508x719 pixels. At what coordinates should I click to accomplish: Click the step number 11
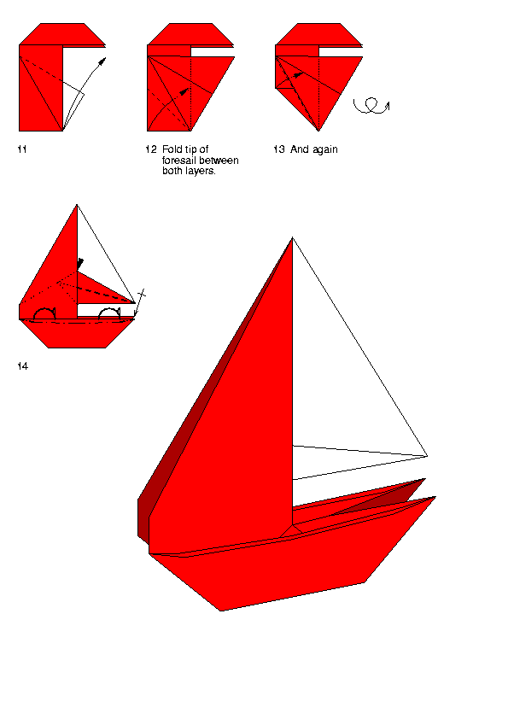(x=22, y=149)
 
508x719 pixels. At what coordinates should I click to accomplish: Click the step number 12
(x=151, y=149)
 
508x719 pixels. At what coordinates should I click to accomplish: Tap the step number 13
(x=278, y=149)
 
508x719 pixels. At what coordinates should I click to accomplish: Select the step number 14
(x=22, y=366)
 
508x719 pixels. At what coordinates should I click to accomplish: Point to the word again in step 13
(x=325, y=150)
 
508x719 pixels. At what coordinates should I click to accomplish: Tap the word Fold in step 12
(x=172, y=149)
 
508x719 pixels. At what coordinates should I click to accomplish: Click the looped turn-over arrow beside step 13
(x=371, y=106)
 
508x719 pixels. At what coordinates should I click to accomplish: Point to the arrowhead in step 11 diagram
(x=103, y=61)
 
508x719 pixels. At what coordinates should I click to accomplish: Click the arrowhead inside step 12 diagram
(x=184, y=91)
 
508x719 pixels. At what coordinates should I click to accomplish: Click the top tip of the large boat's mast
(x=293, y=237)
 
